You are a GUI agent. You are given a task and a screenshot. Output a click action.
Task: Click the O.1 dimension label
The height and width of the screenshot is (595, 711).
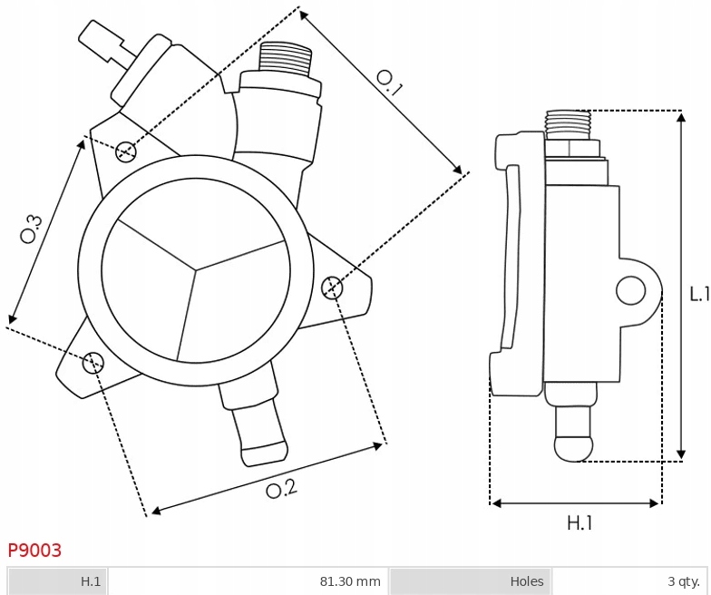pos(389,83)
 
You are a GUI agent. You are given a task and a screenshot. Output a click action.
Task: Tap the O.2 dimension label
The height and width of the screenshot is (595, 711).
pos(281,489)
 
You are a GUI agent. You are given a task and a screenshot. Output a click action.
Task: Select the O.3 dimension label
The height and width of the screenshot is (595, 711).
pos(31,229)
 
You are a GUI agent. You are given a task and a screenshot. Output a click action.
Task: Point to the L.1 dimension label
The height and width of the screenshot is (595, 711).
pos(700,294)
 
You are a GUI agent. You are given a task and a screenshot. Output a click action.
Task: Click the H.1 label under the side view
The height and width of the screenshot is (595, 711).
pos(580,523)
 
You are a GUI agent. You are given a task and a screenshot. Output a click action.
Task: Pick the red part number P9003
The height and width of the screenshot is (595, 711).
pos(34,550)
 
